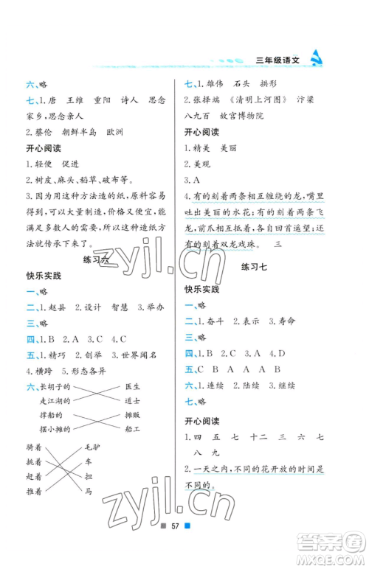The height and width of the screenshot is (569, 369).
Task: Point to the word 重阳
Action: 106,99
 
